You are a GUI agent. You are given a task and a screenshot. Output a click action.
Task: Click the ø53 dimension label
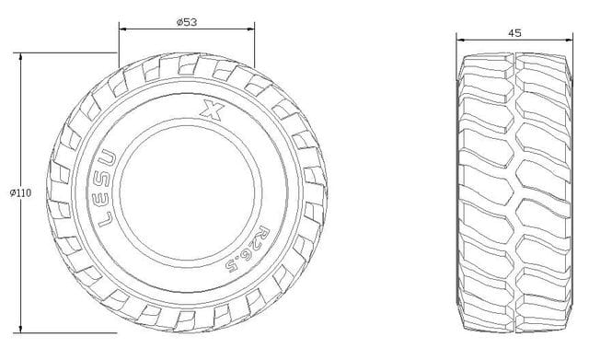tap(187, 22)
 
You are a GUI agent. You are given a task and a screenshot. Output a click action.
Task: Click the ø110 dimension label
tap(20, 193)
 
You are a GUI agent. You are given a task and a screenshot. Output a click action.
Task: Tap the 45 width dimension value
tap(514, 33)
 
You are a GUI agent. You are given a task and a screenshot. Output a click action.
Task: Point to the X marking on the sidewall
tap(213, 110)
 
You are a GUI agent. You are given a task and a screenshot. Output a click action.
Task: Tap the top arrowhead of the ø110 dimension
tap(20, 57)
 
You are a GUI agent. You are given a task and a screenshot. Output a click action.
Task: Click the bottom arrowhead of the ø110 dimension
tap(20, 329)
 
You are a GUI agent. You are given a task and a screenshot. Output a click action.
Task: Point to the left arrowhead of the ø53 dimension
tap(123, 29)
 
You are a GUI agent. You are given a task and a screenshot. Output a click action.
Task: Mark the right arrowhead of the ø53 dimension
tap(249, 29)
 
